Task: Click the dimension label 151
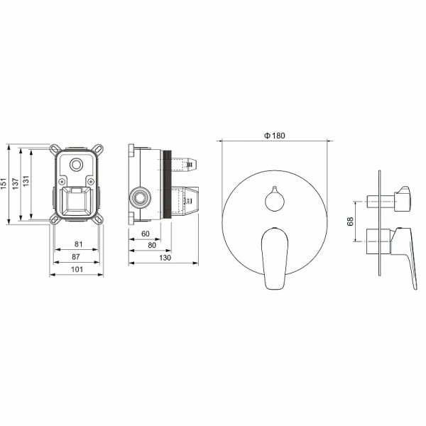pyautogui.click(x=4, y=184)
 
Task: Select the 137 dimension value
pyautogui.click(x=16, y=184)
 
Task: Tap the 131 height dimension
pyautogui.click(x=26, y=181)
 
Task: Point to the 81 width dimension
pyautogui.click(x=79, y=244)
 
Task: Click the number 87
pyautogui.click(x=76, y=256)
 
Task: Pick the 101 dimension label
pyautogui.click(x=77, y=269)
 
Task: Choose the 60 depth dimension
pyautogui.click(x=146, y=234)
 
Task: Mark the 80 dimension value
pyautogui.click(x=152, y=245)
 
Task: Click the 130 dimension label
pyautogui.click(x=165, y=257)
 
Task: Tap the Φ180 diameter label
pyautogui.click(x=275, y=136)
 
